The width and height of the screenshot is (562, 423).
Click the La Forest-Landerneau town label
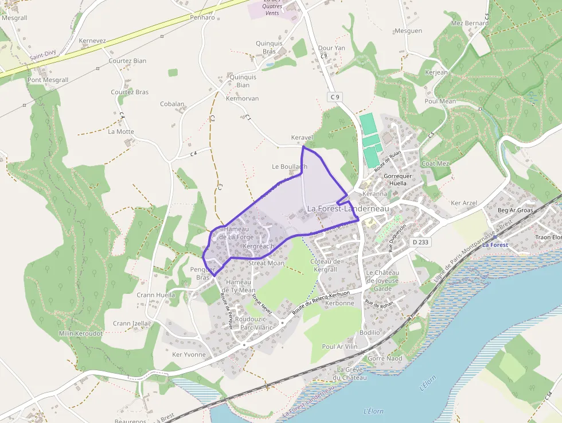tap(348, 209)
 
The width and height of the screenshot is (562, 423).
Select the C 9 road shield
tap(335, 97)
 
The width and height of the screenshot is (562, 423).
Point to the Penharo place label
tap(202, 18)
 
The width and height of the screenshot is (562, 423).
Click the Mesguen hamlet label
tap(408, 31)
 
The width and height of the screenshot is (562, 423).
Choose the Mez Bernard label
tap(470, 24)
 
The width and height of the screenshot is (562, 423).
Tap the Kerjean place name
tap(436, 73)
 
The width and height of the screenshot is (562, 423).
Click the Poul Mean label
tap(440, 102)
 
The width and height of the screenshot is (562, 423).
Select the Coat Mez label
tap(436, 164)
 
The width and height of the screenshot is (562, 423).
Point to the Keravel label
tap(302, 138)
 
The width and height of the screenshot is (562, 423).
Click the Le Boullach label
tap(289, 166)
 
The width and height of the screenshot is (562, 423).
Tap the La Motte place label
tap(121, 131)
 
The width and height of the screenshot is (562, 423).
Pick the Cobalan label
tap(172, 104)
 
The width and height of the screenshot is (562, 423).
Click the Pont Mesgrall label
tap(48, 80)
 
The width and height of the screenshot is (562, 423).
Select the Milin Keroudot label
tap(80, 333)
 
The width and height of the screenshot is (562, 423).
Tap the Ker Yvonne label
tap(189, 355)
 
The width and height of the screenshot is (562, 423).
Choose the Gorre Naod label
tap(385, 358)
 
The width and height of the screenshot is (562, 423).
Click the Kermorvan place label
tap(243, 99)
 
